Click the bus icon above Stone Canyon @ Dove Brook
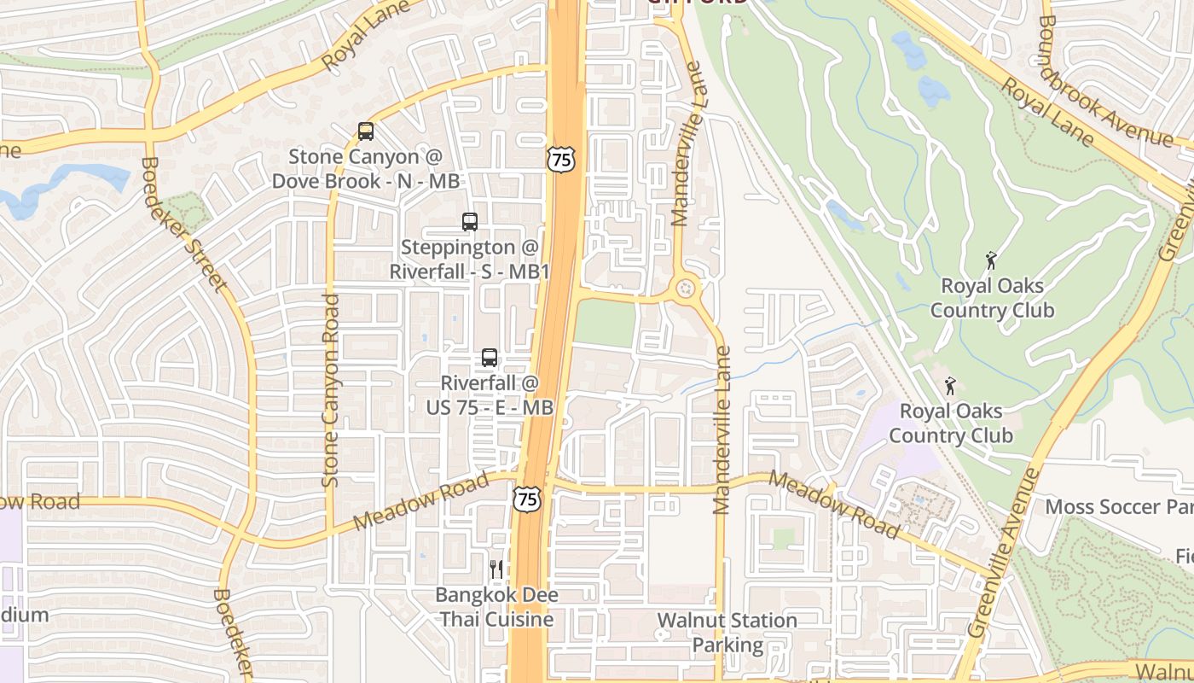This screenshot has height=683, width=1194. (366, 131)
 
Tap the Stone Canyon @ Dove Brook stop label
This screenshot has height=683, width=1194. (366, 169)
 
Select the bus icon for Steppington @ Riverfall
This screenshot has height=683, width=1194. (470, 222)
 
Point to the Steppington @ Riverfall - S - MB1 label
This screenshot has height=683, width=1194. (470, 260)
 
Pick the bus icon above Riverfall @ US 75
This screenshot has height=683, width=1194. (490, 358)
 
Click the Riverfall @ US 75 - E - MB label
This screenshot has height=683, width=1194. (490, 396)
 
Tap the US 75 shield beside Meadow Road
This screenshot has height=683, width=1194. (527, 499)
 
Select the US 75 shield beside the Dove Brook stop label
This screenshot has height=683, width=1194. (561, 158)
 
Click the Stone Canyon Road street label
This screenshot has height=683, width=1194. (331, 391)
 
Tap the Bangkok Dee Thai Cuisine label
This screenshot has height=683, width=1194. (496, 607)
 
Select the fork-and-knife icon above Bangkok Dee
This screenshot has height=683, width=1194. (496, 569)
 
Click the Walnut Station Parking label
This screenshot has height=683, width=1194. (727, 633)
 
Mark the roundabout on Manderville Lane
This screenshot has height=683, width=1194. (686, 289)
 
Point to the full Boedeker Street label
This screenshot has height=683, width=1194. (185, 225)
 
